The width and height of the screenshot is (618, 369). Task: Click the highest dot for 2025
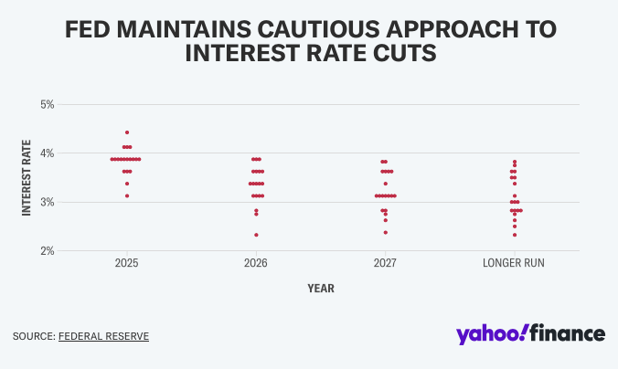tap(127, 132)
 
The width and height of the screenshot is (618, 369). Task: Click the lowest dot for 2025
tap(127, 195)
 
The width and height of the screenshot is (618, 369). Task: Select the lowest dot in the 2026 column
tap(256, 235)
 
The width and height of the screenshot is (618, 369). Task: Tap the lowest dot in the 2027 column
tap(385, 232)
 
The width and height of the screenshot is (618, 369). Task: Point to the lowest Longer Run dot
tap(515, 235)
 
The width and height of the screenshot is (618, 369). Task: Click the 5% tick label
tap(48, 104)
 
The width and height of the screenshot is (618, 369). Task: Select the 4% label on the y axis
tap(48, 153)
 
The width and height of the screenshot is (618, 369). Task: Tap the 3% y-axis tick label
tap(48, 202)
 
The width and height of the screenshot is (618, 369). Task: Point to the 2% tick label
tap(48, 250)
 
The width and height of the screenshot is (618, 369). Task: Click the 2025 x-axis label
tap(127, 263)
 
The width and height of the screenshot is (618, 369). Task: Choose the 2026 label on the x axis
tap(256, 263)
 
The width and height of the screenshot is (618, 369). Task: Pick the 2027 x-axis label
tap(385, 263)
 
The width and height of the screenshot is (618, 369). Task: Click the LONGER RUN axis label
tap(515, 263)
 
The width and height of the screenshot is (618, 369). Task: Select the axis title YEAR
tap(321, 289)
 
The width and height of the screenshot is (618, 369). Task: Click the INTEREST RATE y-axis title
tap(27, 177)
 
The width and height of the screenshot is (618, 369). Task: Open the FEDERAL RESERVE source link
tap(103, 336)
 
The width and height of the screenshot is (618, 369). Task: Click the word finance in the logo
tap(569, 333)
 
